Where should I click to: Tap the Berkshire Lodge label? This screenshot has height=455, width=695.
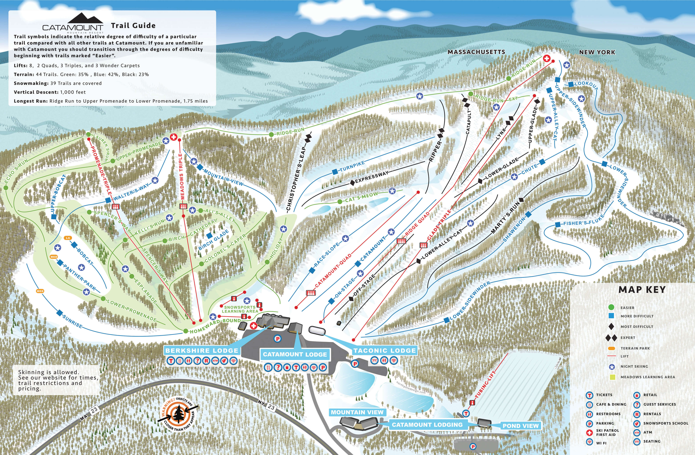click(x=202, y=350)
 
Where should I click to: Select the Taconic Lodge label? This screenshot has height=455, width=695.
click(x=385, y=350)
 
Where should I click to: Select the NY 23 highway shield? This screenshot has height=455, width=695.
click(x=271, y=407)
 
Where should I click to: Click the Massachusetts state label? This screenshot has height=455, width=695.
click(x=476, y=52)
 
